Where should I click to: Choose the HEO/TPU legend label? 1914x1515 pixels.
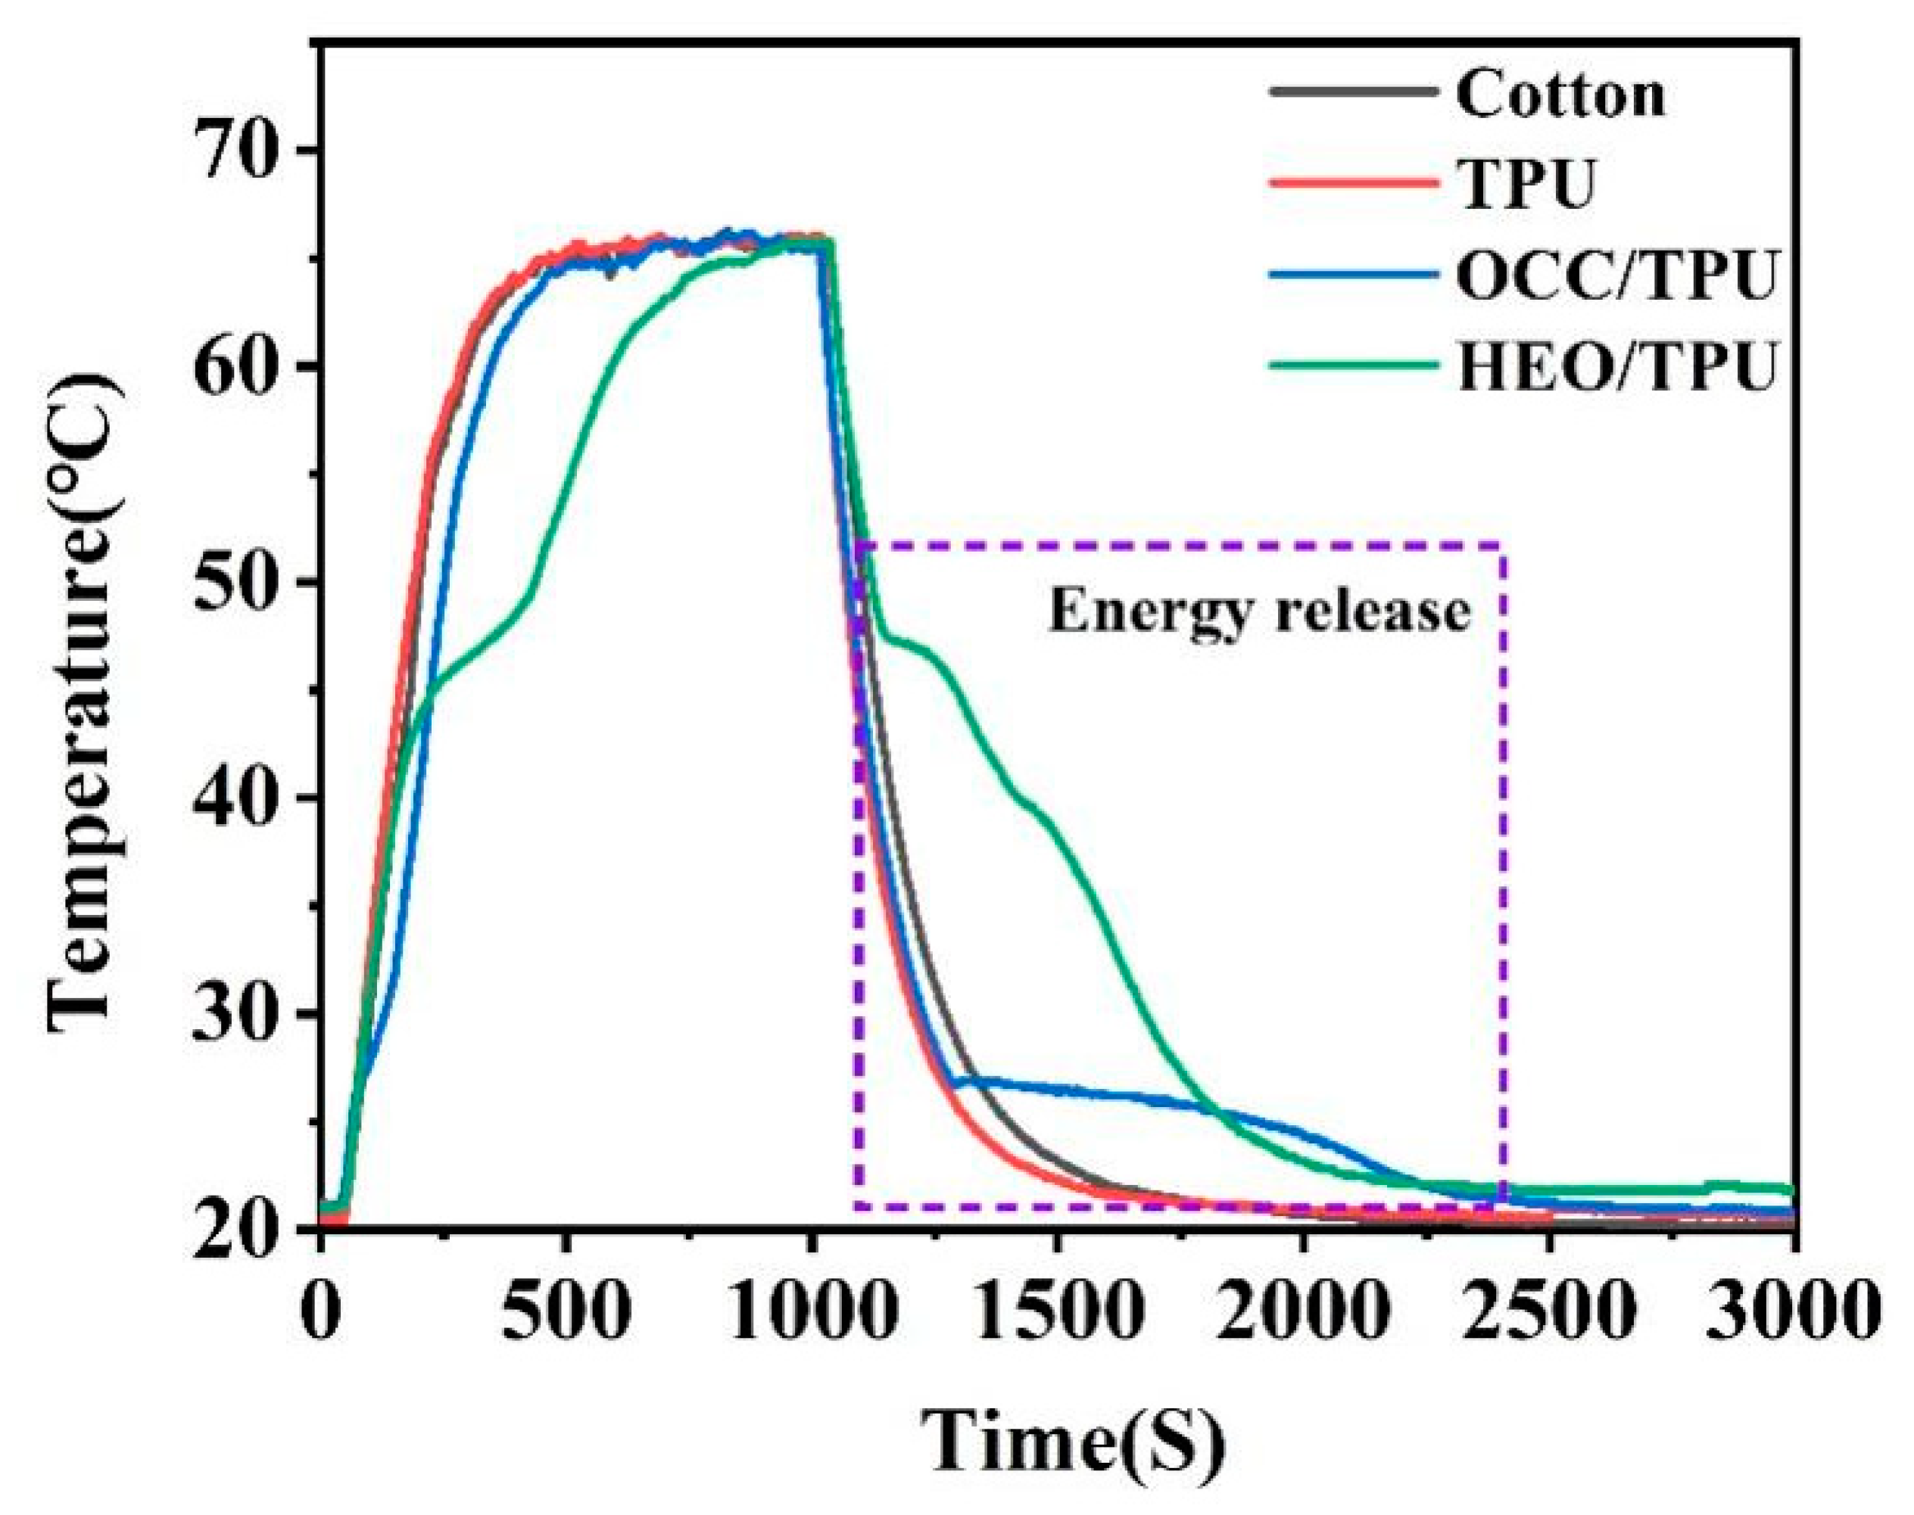coord(1616,367)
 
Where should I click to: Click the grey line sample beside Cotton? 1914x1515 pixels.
coord(1353,92)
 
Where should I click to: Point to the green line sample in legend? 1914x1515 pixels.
coord(1353,364)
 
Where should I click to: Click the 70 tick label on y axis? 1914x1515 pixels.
coord(235,151)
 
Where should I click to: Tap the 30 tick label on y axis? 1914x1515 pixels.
coord(235,1014)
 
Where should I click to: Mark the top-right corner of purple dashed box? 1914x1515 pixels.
coord(1503,544)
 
